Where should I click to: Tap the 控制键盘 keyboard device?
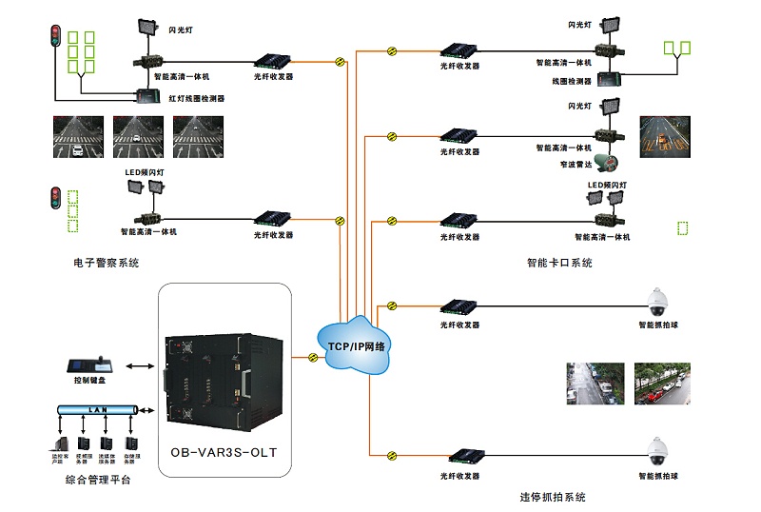[90, 365]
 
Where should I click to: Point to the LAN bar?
[96, 408]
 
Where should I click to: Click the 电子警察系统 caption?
[106, 263]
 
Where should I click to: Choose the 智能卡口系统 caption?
[559, 263]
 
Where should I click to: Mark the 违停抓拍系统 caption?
[552, 497]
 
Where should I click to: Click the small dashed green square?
[682, 228]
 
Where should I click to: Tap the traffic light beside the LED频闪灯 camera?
[54, 199]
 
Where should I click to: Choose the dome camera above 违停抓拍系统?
[658, 451]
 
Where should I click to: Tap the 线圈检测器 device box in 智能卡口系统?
[607, 81]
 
